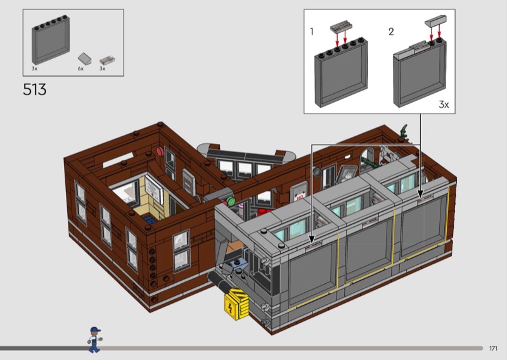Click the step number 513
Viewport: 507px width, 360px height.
point(35,89)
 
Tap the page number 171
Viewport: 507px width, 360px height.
point(493,349)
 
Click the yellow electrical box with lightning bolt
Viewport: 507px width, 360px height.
point(236,304)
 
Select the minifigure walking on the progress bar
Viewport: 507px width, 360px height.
point(94,340)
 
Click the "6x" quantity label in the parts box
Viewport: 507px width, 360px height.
point(80,68)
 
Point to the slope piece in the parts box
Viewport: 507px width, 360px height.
point(84,58)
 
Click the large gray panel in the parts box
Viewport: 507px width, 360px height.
point(51,39)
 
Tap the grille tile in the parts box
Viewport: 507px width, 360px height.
point(107,60)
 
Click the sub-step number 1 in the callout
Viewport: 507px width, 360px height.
point(312,32)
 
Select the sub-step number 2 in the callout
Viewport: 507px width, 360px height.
point(391,32)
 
